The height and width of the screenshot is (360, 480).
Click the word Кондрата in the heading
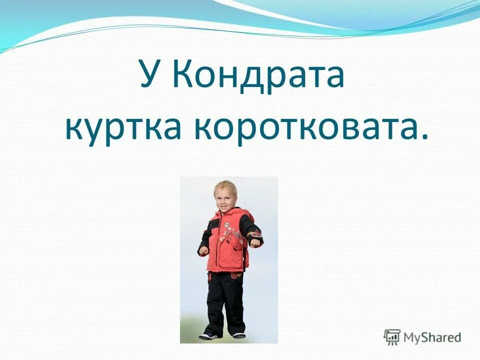point(259,74)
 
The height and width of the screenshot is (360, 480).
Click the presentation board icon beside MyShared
point(392,337)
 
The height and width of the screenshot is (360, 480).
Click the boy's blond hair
point(224,186)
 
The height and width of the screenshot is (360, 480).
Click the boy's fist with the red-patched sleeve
point(256,241)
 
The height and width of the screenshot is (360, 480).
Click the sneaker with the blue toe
point(207,335)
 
